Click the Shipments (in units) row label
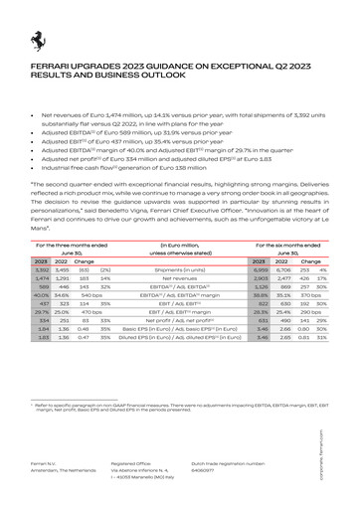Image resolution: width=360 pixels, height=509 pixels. [179, 269]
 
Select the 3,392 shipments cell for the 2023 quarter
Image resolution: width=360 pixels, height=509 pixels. [42, 269]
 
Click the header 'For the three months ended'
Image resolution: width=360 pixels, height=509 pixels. [72, 244]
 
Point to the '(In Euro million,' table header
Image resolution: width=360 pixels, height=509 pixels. [179, 244]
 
